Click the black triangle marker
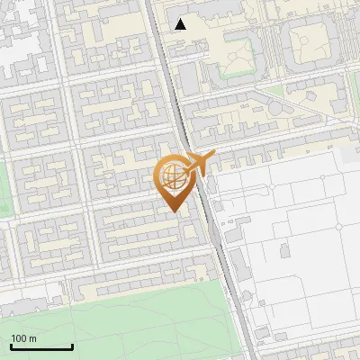pos(181,24)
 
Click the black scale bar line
pos(41,347)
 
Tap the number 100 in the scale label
pos(20,338)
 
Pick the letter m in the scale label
pos(33,338)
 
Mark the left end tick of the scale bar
pos(11,346)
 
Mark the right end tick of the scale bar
pos(72,346)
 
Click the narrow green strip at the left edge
pos(4,189)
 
